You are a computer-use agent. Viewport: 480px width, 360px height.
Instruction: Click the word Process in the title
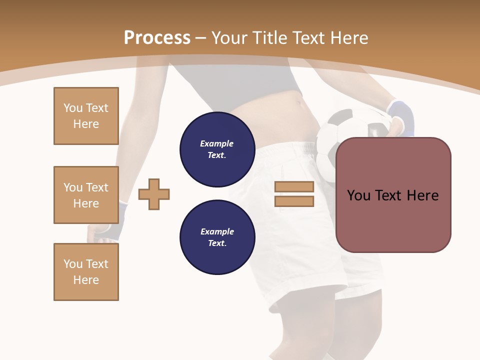[157, 38]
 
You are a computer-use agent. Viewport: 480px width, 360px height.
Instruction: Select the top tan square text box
[86, 116]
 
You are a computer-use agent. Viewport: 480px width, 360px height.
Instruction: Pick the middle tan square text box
[86, 195]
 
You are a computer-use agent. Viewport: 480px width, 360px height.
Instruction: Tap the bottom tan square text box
[86, 272]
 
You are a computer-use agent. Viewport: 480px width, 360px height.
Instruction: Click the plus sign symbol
[154, 194]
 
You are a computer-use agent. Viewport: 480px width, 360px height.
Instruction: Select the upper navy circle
[217, 149]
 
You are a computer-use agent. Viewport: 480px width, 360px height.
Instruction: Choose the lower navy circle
[217, 237]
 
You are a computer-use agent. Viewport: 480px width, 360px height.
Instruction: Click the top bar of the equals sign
[294, 186]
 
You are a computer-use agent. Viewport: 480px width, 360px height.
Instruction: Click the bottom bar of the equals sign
[294, 201]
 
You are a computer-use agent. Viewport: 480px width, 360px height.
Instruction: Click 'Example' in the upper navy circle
[217, 143]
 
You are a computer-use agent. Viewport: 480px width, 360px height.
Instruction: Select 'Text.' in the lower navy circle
[217, 243]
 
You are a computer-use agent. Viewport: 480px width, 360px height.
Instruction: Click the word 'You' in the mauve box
[358, 195]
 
